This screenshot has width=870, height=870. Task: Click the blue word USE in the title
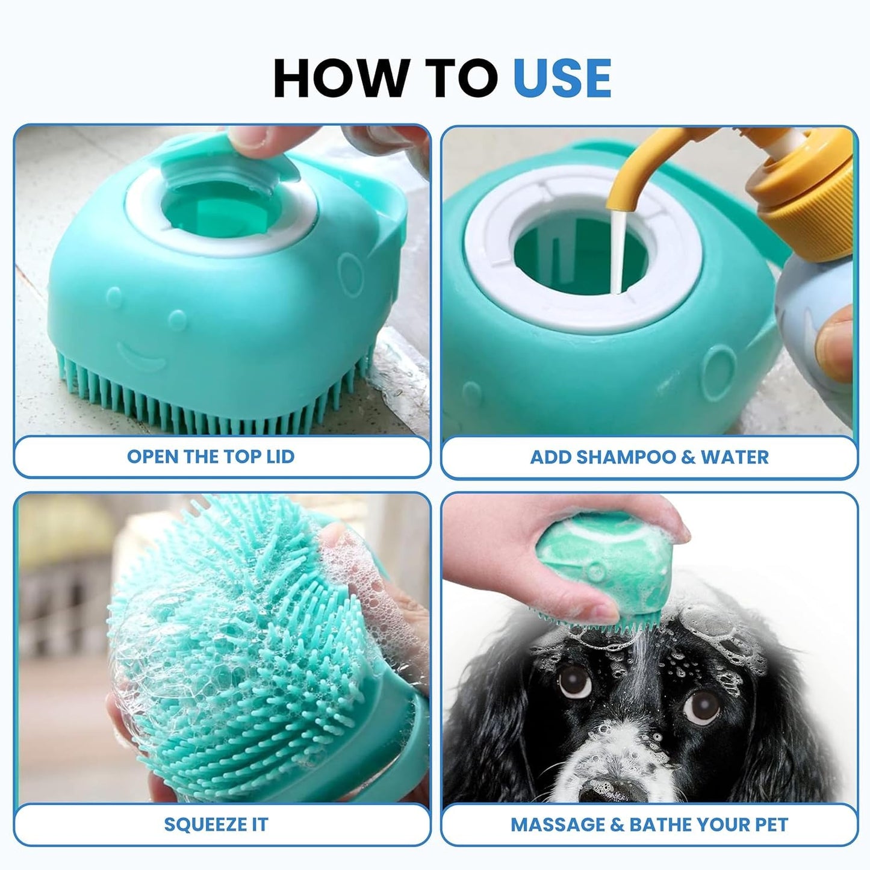pyautogui.click(x=562, y=78)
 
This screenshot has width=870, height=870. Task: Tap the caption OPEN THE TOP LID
pyautogui.click(x=211, y=456)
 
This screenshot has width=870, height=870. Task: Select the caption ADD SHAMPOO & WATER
pyautogui.click(x=649, y=456)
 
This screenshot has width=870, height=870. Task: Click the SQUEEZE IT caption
pyautogui.click(x=216, y=824)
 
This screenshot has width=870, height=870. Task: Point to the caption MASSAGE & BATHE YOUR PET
pyautogui.click(x=649, y=824)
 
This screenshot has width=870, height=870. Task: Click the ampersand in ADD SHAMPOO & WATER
pyautogui.click(x=688, y=456)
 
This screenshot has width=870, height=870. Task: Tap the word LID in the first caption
pyautogui.click(x=280, y=456)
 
